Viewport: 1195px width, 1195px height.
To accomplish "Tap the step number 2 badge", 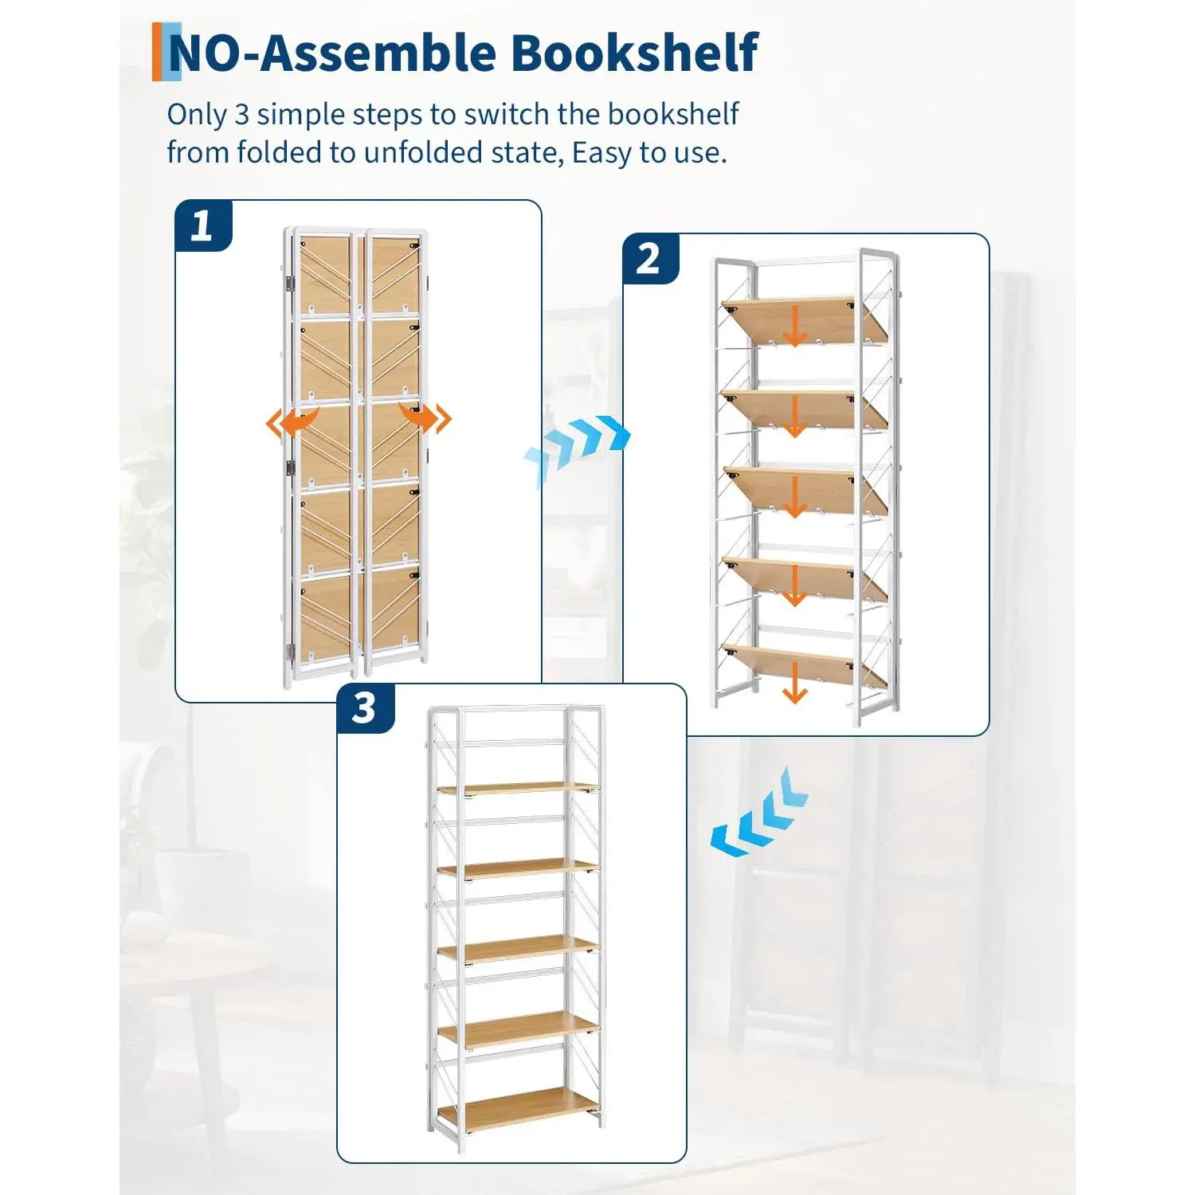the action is [650, 259].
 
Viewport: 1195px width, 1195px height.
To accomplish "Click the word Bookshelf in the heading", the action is [634, 53].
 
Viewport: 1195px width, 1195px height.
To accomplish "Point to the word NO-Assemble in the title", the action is [332, 53].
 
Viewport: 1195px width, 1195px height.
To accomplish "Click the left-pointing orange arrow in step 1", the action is [292, 422].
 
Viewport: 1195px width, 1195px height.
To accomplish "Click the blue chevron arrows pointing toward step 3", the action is [759, 813].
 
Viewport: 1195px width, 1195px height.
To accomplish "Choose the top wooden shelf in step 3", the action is [518, 788].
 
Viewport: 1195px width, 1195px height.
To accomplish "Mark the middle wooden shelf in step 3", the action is [518, 949].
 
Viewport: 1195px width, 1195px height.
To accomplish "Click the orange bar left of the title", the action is [157, 52].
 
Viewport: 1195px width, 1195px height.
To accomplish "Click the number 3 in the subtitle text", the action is [241, 115].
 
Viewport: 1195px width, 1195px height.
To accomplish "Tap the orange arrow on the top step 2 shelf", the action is [794, 325].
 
